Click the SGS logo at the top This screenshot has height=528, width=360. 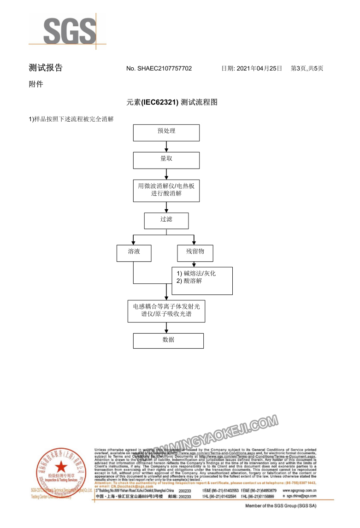[69, 31]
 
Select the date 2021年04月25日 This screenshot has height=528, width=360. [259, 68]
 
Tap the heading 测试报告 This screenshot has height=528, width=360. [46, 68]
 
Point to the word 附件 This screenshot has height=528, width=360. [36, 84]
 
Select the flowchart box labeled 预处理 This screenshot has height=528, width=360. [166, 133]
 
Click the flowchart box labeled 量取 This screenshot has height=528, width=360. [166, 160]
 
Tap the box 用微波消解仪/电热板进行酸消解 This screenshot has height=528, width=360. [166, 190]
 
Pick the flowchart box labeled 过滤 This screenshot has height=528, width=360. [166, 221]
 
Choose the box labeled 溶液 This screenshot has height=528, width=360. [134, 252]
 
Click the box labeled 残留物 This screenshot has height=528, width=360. [194, 252]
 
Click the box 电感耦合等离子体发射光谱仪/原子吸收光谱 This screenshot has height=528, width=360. [166, 311]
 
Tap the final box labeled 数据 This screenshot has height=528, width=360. [168, 340]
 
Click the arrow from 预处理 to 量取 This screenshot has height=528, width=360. [166, 147]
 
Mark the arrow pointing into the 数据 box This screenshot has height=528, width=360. [166, 328]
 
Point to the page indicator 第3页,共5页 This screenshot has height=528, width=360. [307, 68]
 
